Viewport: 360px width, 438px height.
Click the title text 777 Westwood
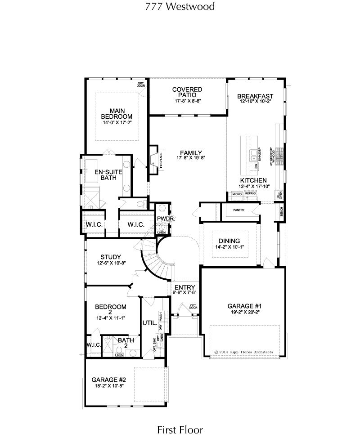coord(180,6)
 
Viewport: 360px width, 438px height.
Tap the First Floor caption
coord(180,430)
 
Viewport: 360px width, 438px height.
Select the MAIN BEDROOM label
coord(117,113)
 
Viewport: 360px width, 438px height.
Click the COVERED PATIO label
coord(187,93)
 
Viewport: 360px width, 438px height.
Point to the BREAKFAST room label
coord(255,96)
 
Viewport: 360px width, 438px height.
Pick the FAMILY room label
coord(191,152)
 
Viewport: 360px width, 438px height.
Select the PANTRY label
coord(238,210)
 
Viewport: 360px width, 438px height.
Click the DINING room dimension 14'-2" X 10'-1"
coord(229,247)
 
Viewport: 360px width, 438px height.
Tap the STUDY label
coord(110,257)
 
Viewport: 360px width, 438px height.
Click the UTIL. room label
coord(149,323)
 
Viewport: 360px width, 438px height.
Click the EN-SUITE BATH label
coord(105,174)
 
